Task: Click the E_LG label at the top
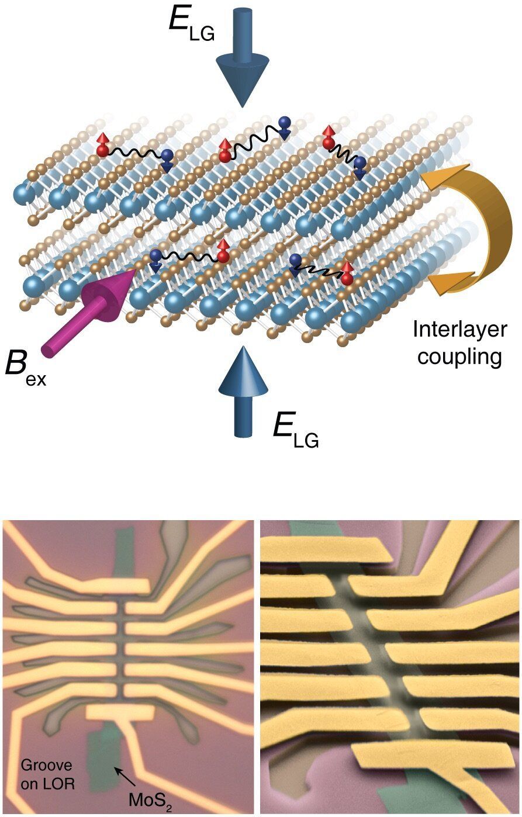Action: pos(190,25)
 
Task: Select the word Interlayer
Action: pos(459,330)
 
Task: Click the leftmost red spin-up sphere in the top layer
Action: pos(103,149)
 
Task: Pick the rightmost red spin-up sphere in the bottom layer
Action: pos(347,278)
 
